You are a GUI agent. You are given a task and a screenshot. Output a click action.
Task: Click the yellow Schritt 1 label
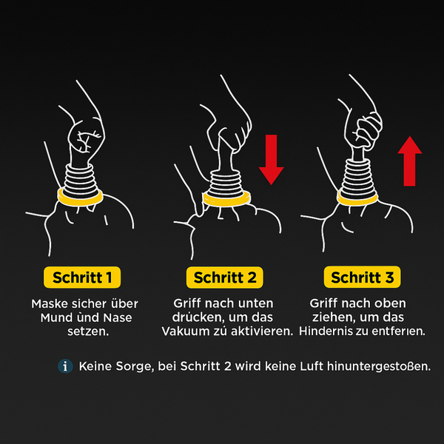point(82,277)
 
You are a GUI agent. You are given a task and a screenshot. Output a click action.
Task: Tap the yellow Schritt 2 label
point(225,277)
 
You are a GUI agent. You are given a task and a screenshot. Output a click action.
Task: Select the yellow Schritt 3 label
point(362,277)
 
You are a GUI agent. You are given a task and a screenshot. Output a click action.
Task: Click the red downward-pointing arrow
point(272,160)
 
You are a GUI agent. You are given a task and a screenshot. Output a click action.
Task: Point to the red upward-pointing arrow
point(410,161)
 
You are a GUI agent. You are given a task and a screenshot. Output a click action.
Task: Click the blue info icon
point(65,366)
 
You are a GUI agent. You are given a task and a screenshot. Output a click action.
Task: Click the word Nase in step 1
point(118,317)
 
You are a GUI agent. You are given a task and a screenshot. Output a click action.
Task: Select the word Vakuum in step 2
point(182,332)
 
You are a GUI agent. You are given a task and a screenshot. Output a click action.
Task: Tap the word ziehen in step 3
point(331,317)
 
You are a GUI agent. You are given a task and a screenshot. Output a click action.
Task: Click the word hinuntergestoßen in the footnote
point(379,367)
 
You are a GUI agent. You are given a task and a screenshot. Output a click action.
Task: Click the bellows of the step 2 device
point(226,183)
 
